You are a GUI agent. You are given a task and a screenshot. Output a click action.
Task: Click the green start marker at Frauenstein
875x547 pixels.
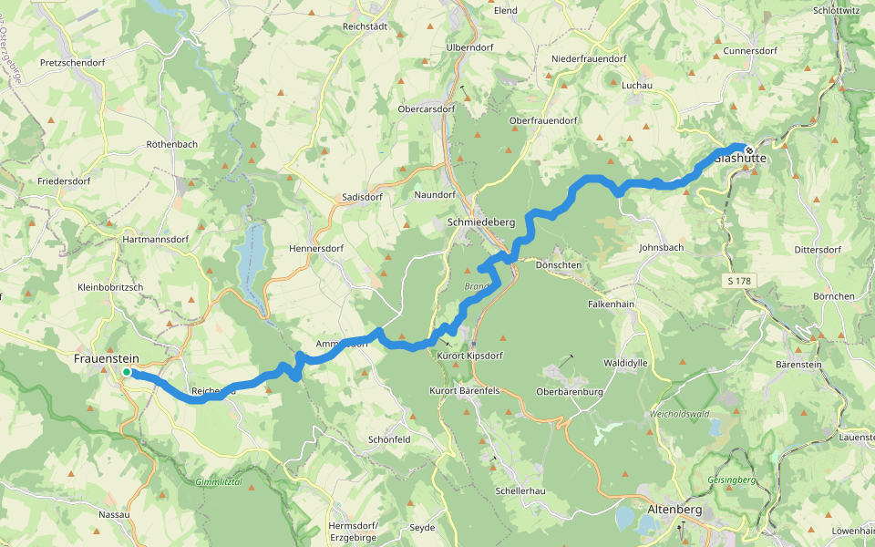(127, 372)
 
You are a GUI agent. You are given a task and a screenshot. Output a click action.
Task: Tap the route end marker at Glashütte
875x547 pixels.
(748, 150)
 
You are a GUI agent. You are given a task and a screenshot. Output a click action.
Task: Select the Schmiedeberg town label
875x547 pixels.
(481, 222)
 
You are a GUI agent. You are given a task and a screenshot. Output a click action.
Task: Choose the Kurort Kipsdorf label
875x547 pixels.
(470, 355)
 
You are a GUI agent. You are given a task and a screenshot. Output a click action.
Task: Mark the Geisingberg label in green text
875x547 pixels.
(732, 480)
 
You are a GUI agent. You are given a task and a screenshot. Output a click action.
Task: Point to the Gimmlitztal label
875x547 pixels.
(219, 480)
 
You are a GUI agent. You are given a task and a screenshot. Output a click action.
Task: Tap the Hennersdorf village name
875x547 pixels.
(314, 248)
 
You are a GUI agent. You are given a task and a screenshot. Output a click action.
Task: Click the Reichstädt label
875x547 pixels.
(365, 26)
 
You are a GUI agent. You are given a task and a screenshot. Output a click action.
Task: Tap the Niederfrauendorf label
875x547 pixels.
(589, 59)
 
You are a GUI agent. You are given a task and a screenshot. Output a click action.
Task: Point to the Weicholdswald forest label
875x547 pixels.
(679, 414)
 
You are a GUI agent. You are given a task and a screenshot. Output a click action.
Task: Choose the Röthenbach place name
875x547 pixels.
(171, 145)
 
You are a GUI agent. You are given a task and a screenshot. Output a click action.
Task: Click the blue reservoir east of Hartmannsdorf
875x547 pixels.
(251, 250)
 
